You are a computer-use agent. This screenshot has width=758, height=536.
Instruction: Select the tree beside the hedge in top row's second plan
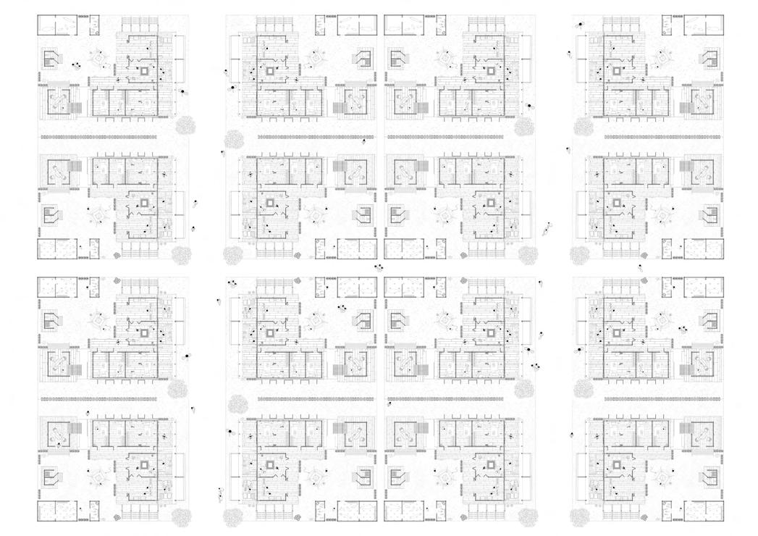(x=234, y=138)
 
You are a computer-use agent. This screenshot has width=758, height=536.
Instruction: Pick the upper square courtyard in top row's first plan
(x=146, y=72)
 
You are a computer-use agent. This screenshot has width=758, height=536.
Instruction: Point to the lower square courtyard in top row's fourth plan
(x=617, y=204)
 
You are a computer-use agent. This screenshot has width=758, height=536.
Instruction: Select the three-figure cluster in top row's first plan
(x=75, y=67)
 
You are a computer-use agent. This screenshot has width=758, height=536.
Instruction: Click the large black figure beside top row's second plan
(x=232, y=88)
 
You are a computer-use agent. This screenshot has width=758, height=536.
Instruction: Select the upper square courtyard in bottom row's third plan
(x=493, y=333)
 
